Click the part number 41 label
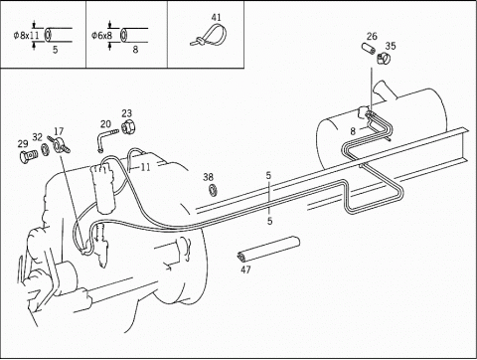pos(216,17)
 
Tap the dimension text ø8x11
pos(27,35)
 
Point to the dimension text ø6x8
pos(102,35)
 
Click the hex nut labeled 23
pos(127,128)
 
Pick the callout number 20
pos(105,124)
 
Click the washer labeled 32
pos(45,149)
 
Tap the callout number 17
pos(59,131)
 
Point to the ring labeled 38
pos(213,190)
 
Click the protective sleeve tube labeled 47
pos(268,249)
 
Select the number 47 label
pos(245,270)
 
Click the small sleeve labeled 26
pos(369,49)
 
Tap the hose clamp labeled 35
pos(384,59)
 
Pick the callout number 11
pos(145,167)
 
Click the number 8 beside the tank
pos(353,131)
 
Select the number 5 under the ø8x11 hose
pos(56,50)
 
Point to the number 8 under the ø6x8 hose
pos(135,50)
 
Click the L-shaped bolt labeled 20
pos(106,140)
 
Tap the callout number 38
pos(209,177)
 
